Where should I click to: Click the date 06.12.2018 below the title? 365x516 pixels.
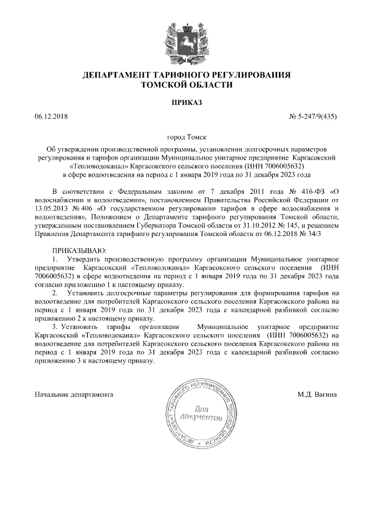pos(51,117)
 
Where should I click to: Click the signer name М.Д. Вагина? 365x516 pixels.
pos(318,394)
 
